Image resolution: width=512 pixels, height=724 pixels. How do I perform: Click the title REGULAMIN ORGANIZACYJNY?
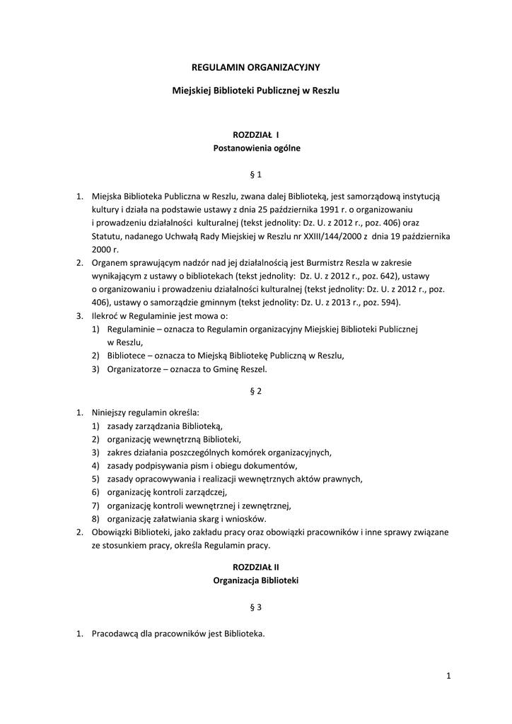pos(256,66)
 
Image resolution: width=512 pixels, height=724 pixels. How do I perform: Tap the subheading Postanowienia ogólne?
pos(256,148)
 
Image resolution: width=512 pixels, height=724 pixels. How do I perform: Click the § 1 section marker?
pos(256,173)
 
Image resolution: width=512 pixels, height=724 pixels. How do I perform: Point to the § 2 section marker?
pos(256,391)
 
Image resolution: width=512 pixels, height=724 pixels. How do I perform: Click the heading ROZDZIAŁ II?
pos(256,567)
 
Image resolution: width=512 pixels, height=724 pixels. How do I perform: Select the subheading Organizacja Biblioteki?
pos(256,580)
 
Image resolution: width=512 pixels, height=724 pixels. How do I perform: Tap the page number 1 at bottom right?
pos(448,677)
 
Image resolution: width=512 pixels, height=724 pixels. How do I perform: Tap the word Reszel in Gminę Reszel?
pos(254,369)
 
